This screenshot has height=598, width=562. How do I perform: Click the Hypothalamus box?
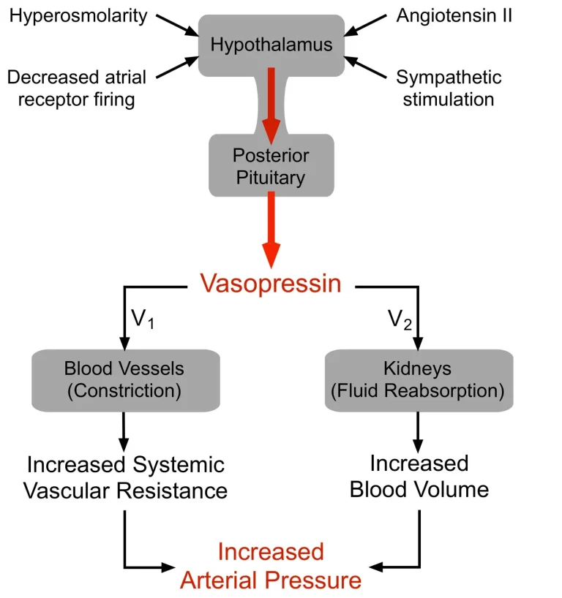271,45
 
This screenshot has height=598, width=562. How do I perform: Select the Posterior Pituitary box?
271,165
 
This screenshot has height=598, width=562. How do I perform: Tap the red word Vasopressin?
271,284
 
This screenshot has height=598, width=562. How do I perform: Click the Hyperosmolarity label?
78,17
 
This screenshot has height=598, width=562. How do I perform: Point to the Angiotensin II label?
454,15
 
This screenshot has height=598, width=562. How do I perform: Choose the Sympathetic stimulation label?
449,88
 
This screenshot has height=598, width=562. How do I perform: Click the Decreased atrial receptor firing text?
76,88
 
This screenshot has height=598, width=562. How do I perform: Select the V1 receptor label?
143,319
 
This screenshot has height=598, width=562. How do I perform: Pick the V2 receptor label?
400,319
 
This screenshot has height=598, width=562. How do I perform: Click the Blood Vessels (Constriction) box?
126,380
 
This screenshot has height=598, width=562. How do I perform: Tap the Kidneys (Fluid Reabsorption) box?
419,380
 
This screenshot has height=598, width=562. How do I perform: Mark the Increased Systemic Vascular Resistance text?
125,477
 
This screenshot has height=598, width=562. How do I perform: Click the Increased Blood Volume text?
419,477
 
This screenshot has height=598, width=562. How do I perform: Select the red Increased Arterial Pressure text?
271,566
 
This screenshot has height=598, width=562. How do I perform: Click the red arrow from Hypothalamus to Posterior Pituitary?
271,106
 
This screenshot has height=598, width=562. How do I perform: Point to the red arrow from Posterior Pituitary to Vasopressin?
271,230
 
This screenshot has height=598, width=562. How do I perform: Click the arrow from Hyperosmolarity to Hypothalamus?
178,26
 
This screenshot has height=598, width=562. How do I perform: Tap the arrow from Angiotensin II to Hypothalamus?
365,26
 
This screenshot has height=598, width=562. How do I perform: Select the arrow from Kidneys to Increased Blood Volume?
418,433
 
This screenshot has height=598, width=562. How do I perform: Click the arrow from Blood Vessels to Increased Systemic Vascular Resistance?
124,433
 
